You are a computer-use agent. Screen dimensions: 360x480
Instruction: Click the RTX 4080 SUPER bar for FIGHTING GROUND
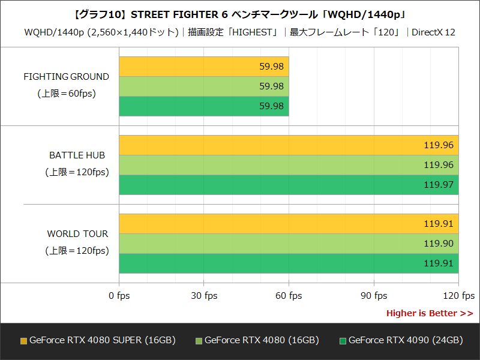click(x=204, y=67)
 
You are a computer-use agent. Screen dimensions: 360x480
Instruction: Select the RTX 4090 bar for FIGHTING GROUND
click(x=204, y=106)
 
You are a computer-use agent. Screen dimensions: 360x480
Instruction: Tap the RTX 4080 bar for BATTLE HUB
click(x=289, y=165)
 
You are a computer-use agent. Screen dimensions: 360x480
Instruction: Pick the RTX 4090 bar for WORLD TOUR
click(x=289, y=263)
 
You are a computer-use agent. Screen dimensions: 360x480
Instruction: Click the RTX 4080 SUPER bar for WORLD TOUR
click(x=289, y=224)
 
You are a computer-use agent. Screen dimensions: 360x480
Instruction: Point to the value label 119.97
click(x=439, y=185)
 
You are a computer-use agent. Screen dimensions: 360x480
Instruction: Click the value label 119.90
click(x=439, y=244)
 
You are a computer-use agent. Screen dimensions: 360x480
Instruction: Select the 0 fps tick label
click(x=119, y=296)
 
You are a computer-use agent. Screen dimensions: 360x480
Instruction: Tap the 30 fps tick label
click(x=204, y=296)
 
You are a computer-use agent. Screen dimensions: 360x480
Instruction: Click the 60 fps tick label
click(x=289, y=296)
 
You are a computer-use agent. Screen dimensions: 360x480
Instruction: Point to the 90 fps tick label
click(x=374, y=296)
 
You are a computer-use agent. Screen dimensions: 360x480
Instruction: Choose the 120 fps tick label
click(x=458, y=296)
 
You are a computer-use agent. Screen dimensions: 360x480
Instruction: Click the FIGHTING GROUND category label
click(x=66, y=77)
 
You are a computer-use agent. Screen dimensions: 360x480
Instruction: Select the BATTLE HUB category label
click(x=77, y=155)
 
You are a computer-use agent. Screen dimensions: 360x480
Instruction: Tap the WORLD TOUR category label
click(x=77, y=234)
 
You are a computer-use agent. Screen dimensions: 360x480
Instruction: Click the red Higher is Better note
click(x=429, y=313)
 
